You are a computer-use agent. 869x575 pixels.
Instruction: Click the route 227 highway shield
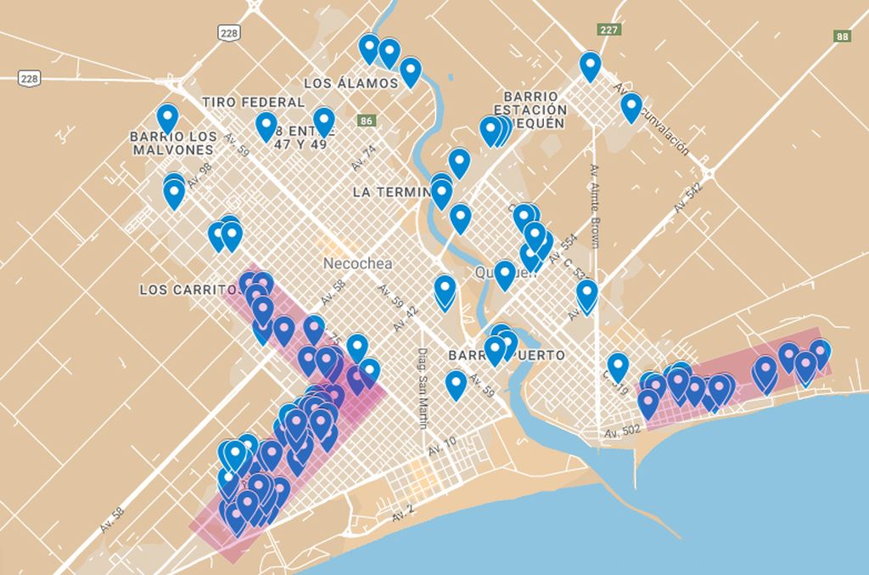pos(608,30)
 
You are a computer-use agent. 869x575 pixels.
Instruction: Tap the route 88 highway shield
pos(842,37)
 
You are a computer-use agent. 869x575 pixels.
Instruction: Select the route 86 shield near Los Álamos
pos(366,121)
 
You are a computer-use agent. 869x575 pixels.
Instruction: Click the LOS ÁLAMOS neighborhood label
pos(350,83)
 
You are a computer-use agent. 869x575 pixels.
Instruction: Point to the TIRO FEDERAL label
pos(253,102)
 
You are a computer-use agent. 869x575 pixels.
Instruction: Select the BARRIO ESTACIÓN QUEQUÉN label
pos(530,110)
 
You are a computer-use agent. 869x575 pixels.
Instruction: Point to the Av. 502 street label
pos(623,431)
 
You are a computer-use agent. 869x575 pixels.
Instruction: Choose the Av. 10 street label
pos(442,447)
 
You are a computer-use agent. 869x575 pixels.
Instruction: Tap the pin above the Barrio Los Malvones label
pos(167,118)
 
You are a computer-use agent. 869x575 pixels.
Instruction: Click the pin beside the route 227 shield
pos(590,65)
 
